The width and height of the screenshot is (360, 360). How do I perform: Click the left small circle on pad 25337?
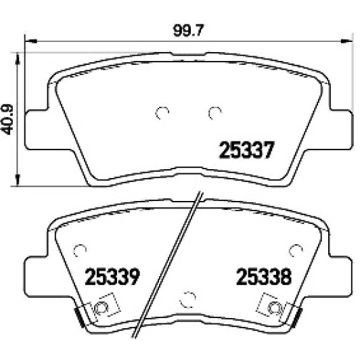coord(161,113)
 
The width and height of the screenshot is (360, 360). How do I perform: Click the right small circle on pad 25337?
coord(215,113)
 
